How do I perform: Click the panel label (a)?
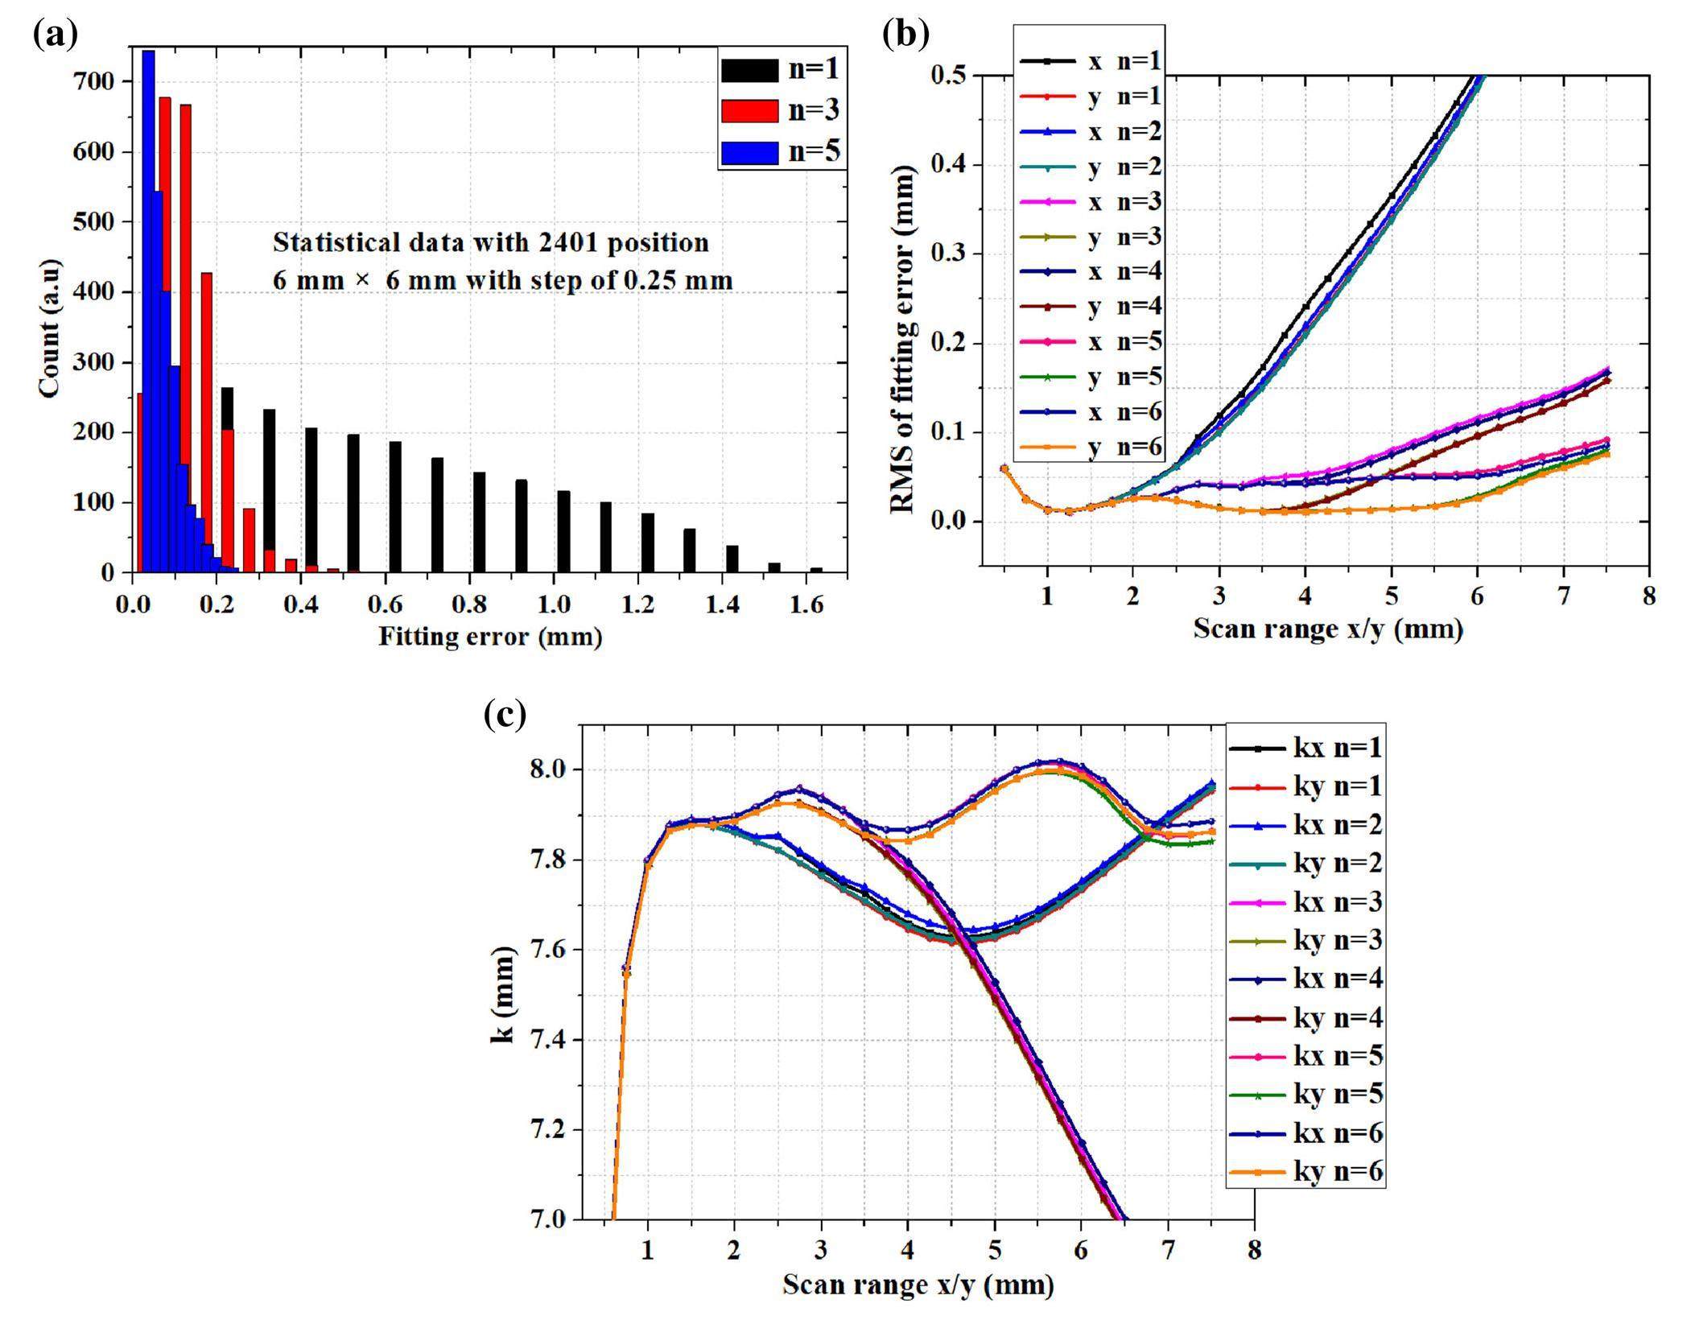(56, 35)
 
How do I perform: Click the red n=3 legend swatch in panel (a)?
(749, 111)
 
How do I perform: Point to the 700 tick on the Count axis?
(95, 82)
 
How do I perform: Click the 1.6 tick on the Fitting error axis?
(806, 604)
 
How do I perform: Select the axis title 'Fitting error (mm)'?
(490, 637)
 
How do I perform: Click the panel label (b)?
(905, 35)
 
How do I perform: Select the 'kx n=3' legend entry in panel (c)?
(1338, 901)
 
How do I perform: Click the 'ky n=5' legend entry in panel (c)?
(1338, 1094)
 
